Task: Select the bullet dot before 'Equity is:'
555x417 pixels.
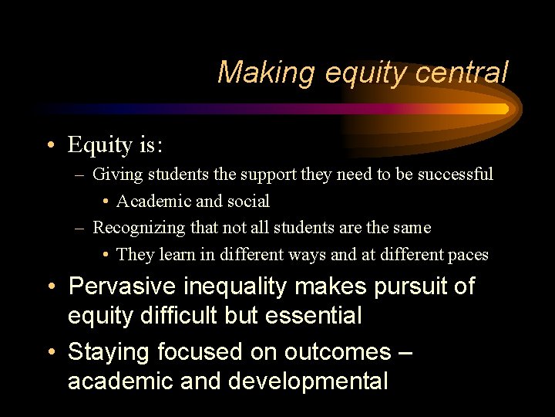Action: [49, 145]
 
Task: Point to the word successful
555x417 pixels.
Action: [456, 175]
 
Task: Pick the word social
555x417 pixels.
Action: [248, 202]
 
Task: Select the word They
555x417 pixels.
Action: [135, 255]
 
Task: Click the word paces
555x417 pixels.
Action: [467, 255]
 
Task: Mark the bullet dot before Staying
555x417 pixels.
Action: [49, 353]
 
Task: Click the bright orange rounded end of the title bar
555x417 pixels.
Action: [505, 109]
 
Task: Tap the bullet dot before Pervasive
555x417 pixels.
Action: [49, 287]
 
